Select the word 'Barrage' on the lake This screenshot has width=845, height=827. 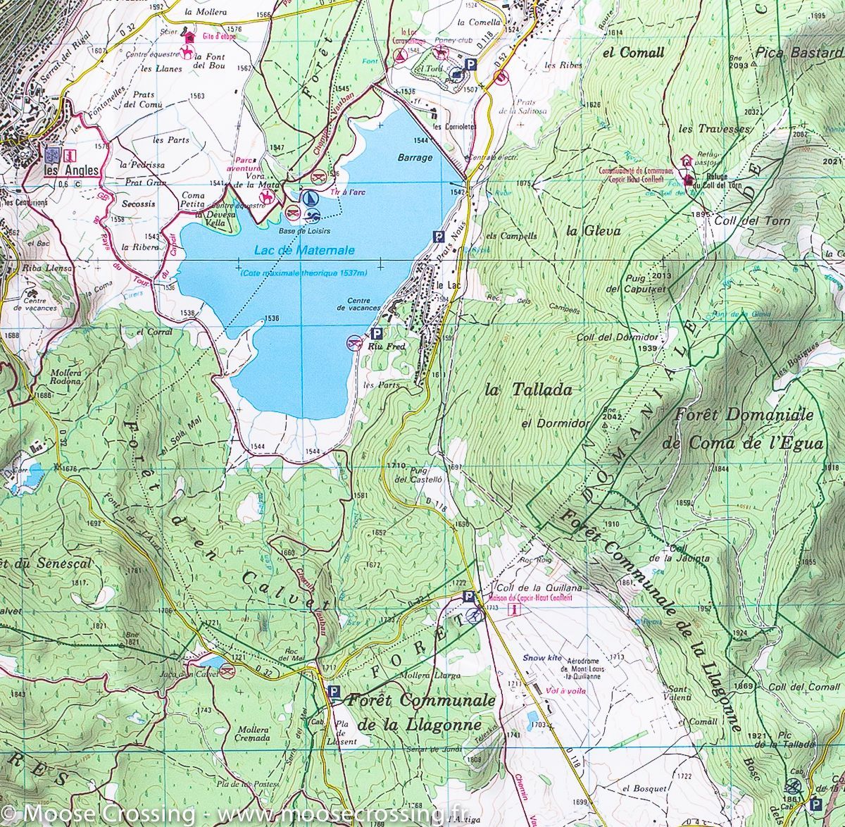[414, 157]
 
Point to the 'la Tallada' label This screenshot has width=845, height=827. [529, 389]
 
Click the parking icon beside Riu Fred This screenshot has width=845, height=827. [376, 334]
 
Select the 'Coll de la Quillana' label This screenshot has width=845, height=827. [539, 588]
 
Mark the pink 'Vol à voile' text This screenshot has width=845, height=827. [565, 691]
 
